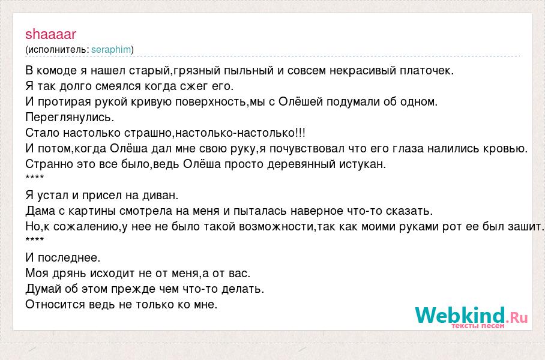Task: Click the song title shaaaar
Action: [51, 34]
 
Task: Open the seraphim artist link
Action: [111, 50]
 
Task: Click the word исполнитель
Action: [58, 50]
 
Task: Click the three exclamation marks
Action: [300, 133]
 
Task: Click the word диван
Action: [159, 196]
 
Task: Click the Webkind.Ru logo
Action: [471, 316]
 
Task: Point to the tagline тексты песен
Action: [478, 326]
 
